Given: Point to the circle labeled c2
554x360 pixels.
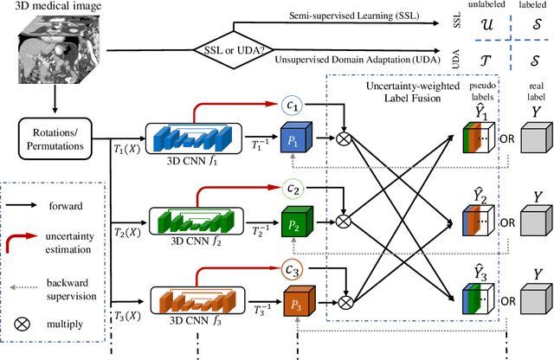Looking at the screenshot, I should point(294,188).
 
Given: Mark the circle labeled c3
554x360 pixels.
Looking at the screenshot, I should point(294,269).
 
